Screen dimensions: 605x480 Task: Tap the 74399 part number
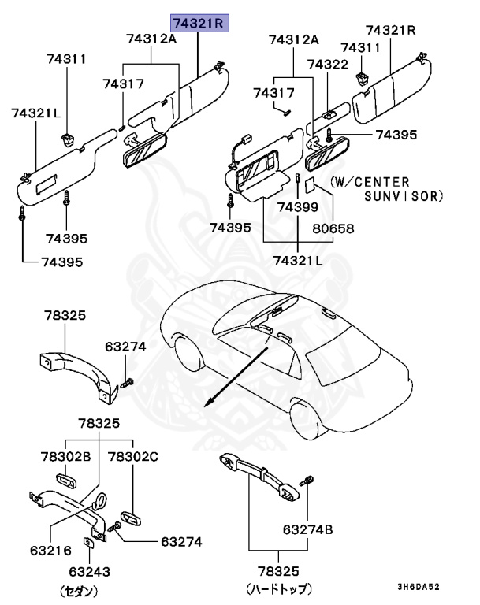tap(296, 207)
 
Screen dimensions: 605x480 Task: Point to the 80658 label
tap(333, 228)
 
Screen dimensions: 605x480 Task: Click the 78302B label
tap(66, 456)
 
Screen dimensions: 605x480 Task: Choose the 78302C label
tap(132, 456)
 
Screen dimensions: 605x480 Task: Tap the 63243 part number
tap(89, 572)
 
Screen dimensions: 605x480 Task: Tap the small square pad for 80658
tap(311, 186)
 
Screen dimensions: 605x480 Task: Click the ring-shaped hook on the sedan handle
tap(100, 501)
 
